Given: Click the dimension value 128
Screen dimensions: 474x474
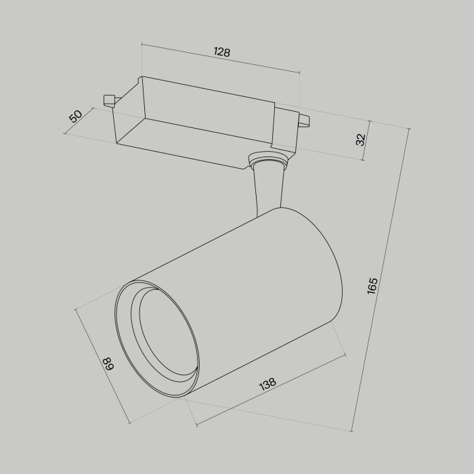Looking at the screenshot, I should pos(221,52).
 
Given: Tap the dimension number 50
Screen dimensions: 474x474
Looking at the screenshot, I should pos(76,115).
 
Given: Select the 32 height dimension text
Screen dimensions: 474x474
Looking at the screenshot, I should pos(361,139).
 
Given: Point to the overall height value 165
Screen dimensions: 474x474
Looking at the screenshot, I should pos(372,286).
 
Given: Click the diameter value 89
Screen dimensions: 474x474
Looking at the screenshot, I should pos(108,365).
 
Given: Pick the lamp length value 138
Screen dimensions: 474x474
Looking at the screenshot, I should pos(267,384).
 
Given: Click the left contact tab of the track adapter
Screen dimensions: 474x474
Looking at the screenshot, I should pos(110,100).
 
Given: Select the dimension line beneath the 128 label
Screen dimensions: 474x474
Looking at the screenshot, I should pos(220,59).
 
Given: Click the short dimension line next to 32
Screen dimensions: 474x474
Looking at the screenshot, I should pos(366,141).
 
